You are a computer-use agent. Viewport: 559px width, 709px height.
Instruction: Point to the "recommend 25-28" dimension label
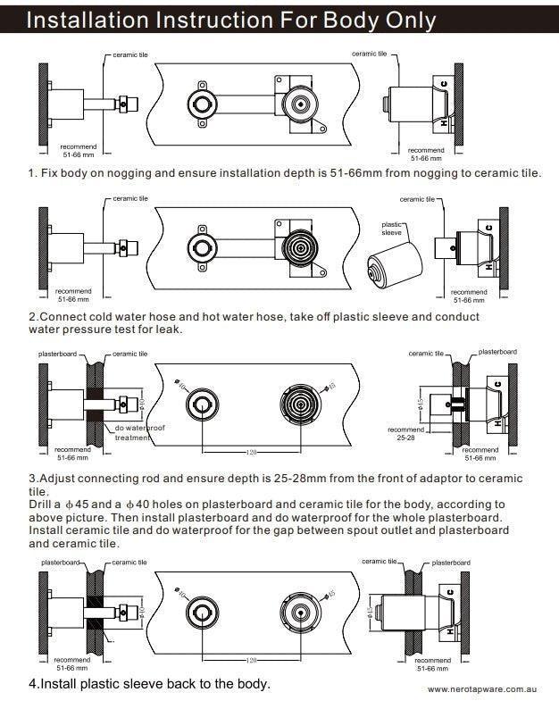406,433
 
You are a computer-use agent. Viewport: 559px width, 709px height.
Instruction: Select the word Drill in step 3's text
45,504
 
